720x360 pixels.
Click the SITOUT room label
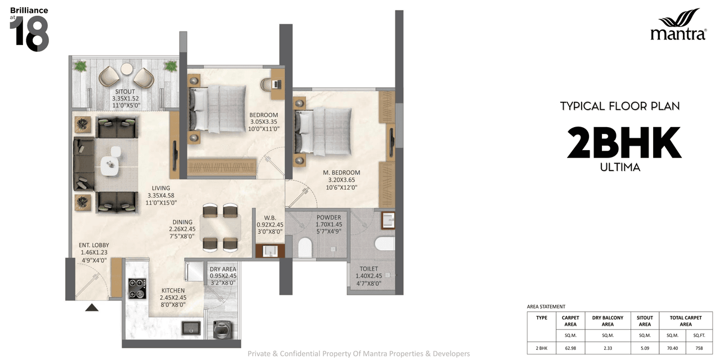(124, 91)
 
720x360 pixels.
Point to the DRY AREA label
(223, 269)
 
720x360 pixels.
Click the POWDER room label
(328, 218)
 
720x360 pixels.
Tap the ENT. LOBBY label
(94, 245)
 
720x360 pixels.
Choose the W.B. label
(269, 218)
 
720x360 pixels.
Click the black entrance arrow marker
(92, 307)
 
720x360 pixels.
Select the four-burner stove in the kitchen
(137, 289)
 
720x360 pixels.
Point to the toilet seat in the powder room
(305, 247)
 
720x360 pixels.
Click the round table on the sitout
(127, 69)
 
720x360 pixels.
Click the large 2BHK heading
(624, 143)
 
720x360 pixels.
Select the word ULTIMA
(620, 167)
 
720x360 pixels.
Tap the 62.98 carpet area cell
(570, 348)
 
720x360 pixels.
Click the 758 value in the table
(699, 348)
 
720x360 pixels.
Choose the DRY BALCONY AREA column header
(607, 321)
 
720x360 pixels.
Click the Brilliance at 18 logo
(29, 30)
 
